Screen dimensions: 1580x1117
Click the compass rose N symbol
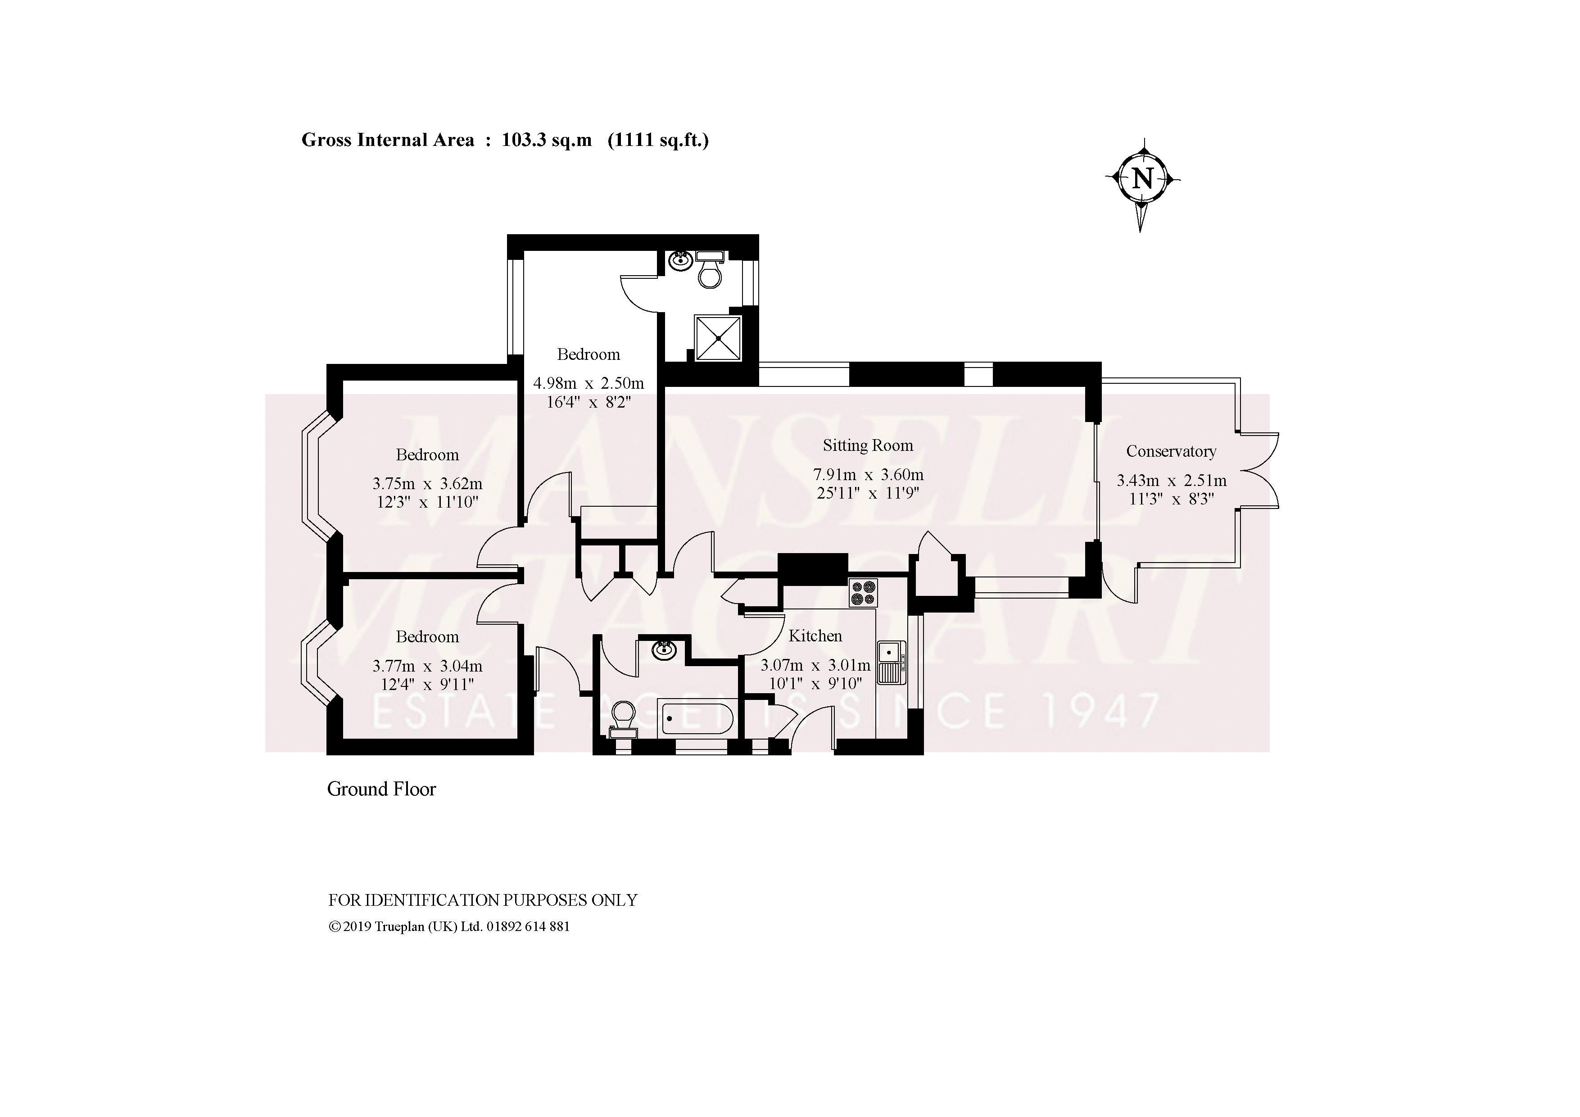pos(1142,179)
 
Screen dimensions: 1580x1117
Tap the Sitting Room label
pos(868,445)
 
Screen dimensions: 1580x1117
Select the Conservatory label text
pos(1171,451)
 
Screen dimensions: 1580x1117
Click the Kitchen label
pos(815,636)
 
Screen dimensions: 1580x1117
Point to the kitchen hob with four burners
pos(863,593)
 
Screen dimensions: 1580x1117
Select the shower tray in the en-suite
pos(718,338)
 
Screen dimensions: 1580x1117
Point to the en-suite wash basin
pos(680,260)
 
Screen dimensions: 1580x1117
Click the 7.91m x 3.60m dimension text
pos(868,474)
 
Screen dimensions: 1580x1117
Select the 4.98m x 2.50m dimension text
pos(589,383)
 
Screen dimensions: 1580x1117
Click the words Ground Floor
pos(381,789)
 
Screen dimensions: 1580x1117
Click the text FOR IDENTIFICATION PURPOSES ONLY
pos(482,900)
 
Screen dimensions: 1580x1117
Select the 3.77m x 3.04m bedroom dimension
pos(427,666)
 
